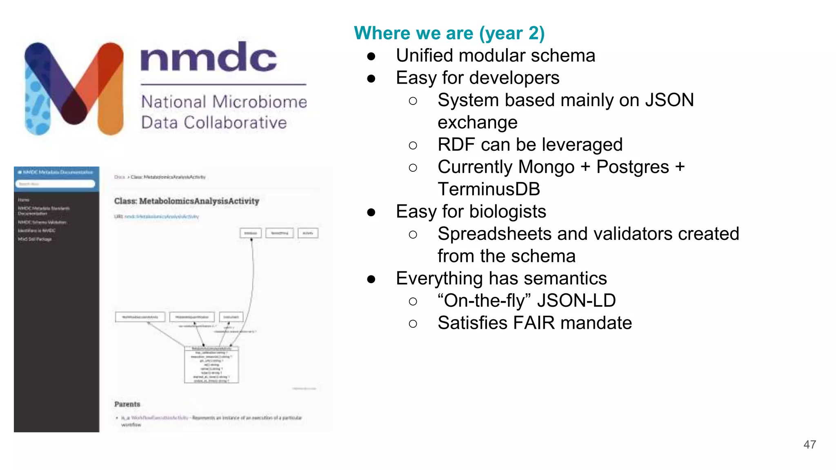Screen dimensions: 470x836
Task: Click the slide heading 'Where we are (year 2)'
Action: [449, 33]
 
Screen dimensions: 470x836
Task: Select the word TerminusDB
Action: [489, 189]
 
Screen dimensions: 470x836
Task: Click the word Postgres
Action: [633, 167]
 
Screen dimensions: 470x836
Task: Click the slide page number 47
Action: [809, 445]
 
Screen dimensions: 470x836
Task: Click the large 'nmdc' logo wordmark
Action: [209, 58]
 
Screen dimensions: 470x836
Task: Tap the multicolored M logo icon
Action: [74, 88]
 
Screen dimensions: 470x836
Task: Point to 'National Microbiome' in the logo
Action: [224, 102]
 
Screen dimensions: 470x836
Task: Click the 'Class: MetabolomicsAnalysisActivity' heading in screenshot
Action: [187, 201]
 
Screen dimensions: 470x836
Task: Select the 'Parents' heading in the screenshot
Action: [127, 404]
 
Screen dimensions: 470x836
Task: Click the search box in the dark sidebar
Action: [56, 184]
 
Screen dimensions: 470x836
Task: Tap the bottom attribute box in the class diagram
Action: [211, 365]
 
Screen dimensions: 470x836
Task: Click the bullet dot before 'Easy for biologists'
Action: [371, 212]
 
